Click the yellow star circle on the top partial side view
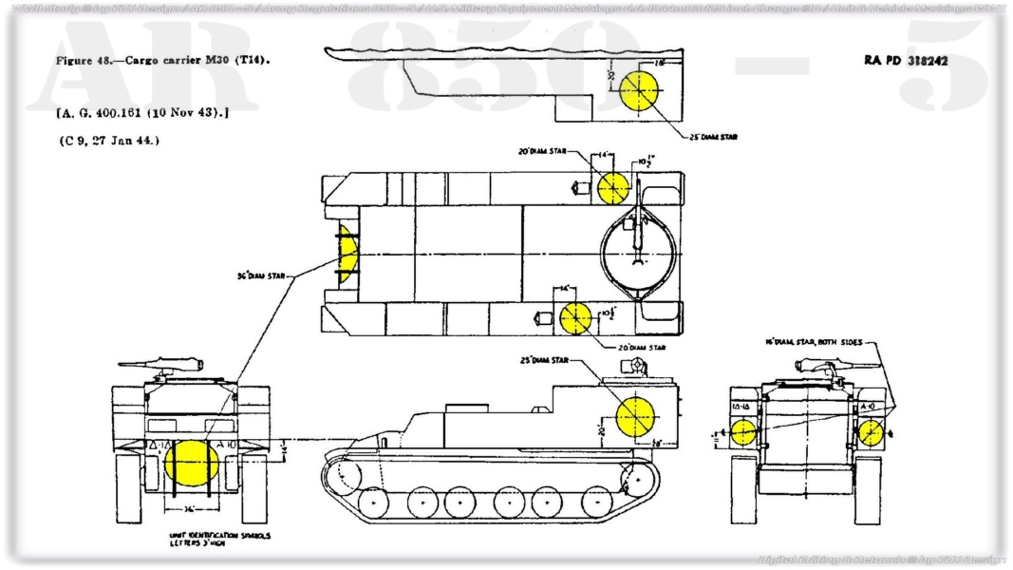click(641, 91)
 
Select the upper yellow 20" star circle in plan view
click(613, 188)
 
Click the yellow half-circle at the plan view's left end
click(348, 257)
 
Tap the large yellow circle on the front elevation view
click(191, 463)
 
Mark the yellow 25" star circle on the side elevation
click(635, 417)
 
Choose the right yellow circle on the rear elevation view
click(871, 433)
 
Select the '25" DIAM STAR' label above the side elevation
click(544, 361)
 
